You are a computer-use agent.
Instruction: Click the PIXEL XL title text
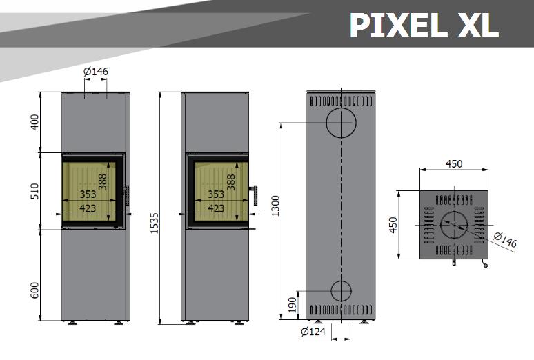pyautogui.click(x=424, y=26)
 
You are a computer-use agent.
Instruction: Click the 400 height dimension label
pyautogui.click(x=35, y=122)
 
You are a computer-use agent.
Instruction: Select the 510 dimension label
pyautogui.click(x=35, y=191)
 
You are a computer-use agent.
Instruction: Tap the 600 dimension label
pyautogui.click(x=35, y=290)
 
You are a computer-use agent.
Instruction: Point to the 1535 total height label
pyautogui.click(x=155, y=223)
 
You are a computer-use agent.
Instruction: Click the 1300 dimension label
pyautogui.click(x=275, y=206)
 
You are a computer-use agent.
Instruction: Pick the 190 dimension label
pyautogui.click(x=293, y=305)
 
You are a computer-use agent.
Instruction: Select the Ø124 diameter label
pyautogui.click(x=313, y=332)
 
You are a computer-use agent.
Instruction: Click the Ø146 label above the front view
pyautogui.click(x=96, y=71)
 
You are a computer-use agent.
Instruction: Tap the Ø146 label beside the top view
pyautogui.click(x=506, y=240)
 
